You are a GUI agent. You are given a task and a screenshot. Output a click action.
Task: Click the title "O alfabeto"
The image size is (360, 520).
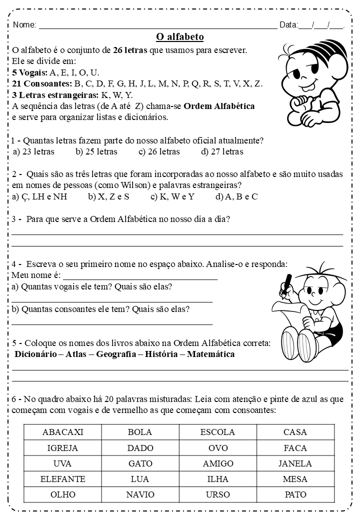pos(180,37)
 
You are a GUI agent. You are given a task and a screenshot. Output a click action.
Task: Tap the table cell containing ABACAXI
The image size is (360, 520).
pos(62,432)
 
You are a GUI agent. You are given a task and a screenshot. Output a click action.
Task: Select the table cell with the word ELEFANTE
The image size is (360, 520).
pos(62,479)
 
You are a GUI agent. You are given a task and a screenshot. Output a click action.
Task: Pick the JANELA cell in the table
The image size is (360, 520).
pos(295,463)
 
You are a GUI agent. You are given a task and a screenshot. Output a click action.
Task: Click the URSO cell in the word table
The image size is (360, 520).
pos(218,494)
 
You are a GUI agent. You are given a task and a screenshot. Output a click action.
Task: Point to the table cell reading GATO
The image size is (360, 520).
pos(140,463)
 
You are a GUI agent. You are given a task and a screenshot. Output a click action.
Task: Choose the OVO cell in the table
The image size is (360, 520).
pos(218,448)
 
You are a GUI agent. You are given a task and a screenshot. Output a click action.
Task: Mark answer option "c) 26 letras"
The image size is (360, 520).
pos(159,151)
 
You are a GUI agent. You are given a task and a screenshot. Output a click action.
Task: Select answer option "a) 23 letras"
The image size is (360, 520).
pos(33,151)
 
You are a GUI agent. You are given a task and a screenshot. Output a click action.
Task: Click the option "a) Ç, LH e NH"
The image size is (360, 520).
pos(39,196)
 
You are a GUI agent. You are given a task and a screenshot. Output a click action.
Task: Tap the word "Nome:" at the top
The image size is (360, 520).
pos(24,25)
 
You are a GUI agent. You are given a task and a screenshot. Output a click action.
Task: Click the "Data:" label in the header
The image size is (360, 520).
pos(288,25)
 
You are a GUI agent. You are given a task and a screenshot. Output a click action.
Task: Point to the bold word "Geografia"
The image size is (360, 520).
pos(116,354)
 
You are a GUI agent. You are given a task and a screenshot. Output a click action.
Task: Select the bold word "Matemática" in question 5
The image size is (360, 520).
pos(210,354)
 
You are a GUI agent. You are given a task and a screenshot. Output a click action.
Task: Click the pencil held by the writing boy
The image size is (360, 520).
pos(287,281)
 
